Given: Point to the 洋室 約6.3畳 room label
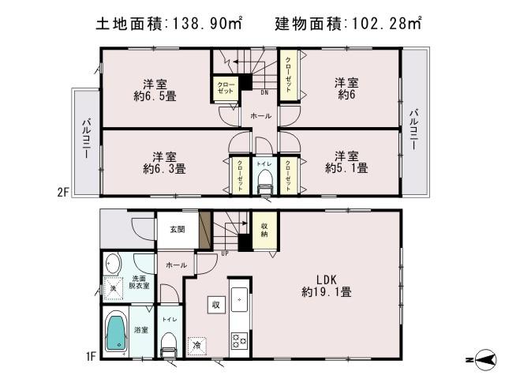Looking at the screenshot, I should pos(164,162).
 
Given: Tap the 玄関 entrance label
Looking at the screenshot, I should pos(177,230).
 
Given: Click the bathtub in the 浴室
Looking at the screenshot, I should pos(117,332).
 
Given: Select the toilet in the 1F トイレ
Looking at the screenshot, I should pos(167,342).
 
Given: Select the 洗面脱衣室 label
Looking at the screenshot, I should pos(141,283).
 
